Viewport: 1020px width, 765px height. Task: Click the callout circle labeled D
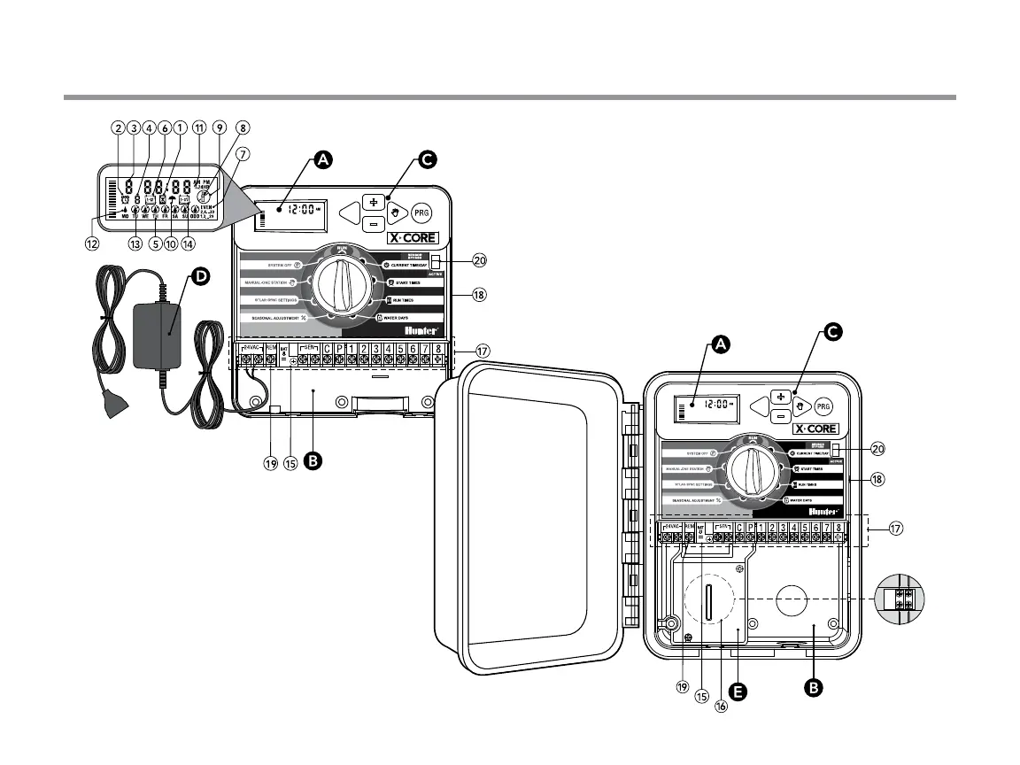pyautogui.click(x=202, y=276)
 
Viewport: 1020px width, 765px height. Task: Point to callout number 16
pyautogui.click(x=721, y=706)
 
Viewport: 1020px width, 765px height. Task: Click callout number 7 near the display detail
pyautogui.click(x=243, y=152)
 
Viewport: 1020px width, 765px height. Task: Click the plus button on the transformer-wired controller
pyautogui.click(x=373, y=201)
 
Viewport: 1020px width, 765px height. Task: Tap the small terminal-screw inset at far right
pyautogui.click(x=900, y=598)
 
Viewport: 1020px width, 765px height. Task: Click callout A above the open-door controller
pyautogui.click(x=722, y=348)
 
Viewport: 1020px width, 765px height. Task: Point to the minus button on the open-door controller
pyautogui.click(x=780, y=415)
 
